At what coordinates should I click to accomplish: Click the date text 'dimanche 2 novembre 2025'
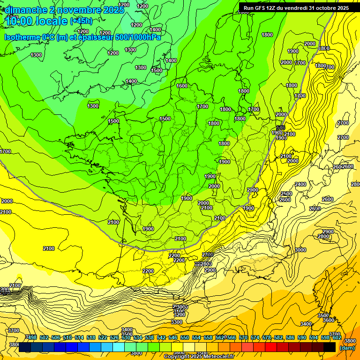point(64,10)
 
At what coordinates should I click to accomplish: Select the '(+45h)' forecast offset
point(81,21)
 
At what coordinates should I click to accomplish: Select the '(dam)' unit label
point(347,347)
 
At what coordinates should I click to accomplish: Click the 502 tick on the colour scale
point(44,337)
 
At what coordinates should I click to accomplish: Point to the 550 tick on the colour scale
point(185,337)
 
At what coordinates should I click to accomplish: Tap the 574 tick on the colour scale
point(255,337)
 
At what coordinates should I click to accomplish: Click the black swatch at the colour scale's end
point(330,347)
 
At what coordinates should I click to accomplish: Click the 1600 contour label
point(182,86)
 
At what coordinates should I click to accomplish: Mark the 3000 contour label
point(300,250)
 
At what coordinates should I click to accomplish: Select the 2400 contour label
point(300,184)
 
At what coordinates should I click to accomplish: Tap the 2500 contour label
point(286,194)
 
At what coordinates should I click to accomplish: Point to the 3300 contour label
point(177,322)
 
